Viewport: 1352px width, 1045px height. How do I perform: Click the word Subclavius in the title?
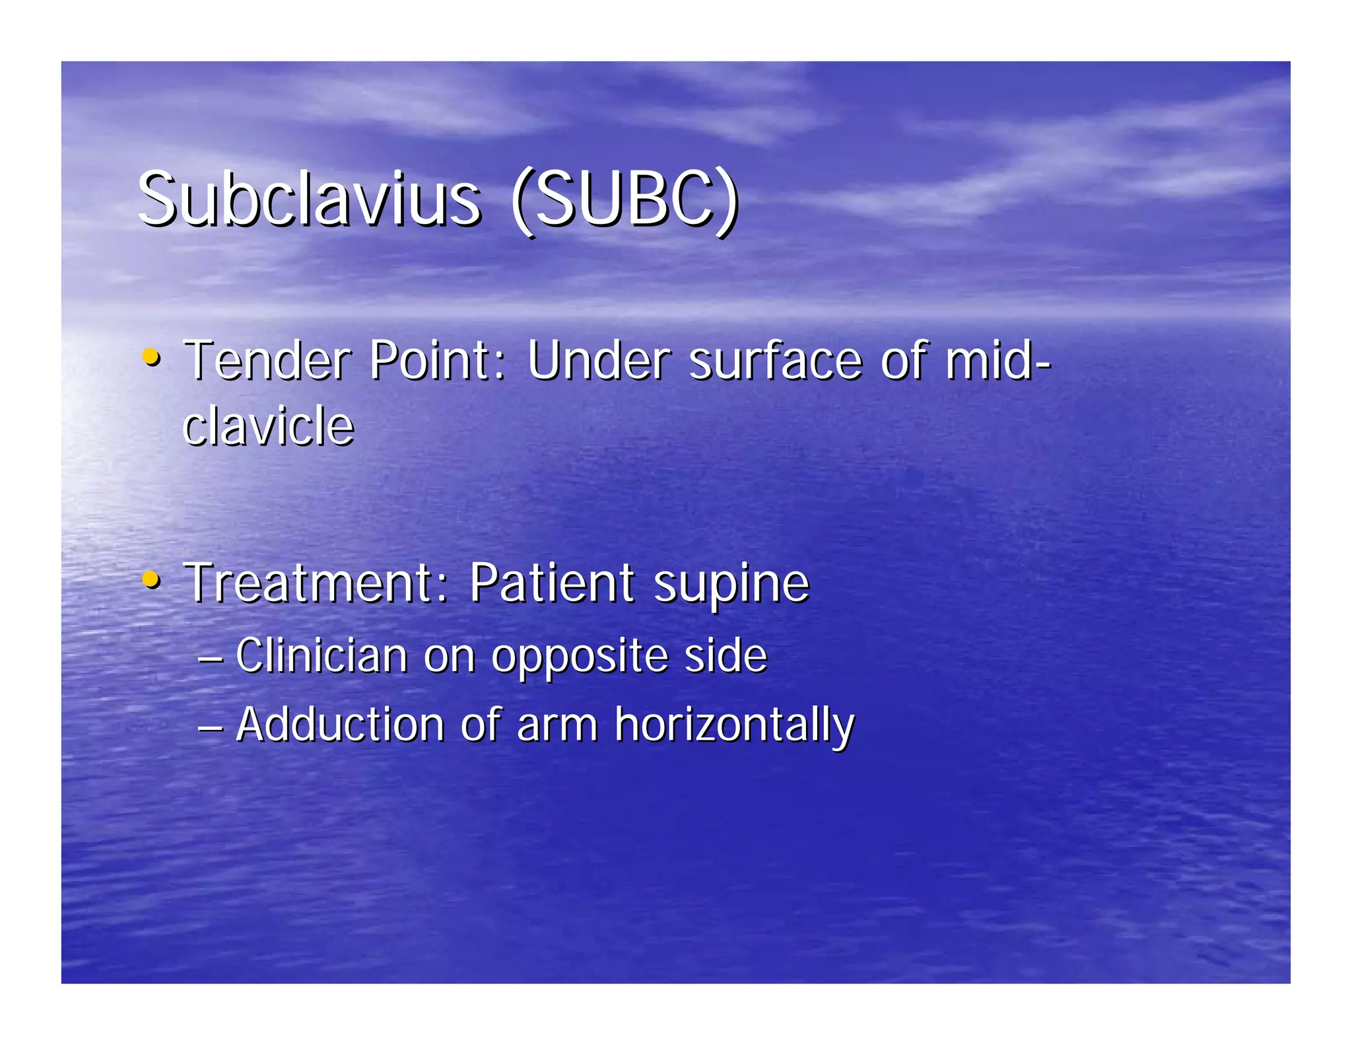point(309,199)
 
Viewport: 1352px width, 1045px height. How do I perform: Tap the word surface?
point(776,362)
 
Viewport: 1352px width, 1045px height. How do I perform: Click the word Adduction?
point(340,725)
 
